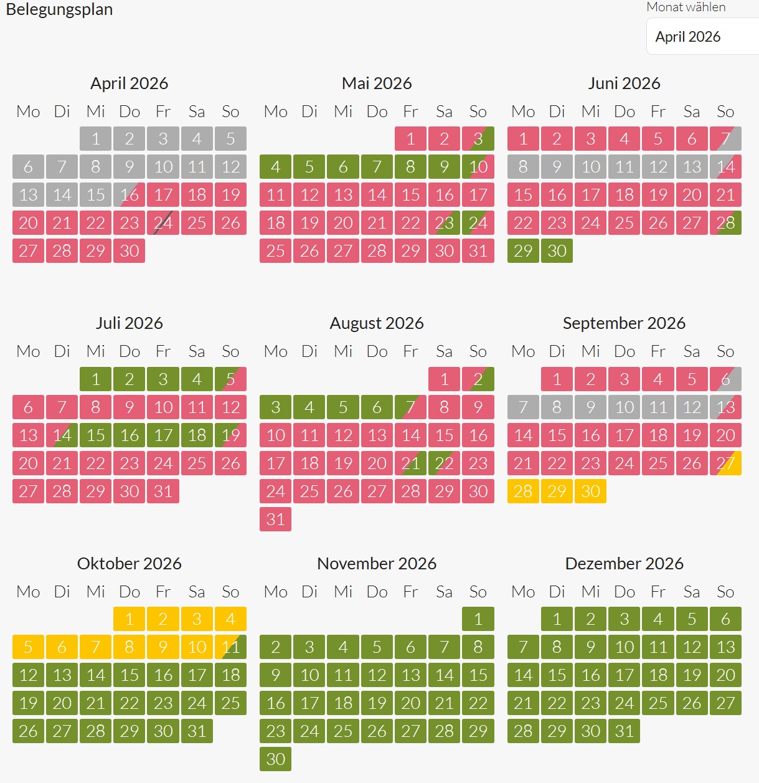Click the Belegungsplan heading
pos(59,9)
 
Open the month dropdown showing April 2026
pos(702,37)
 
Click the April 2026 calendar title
pos(129,83)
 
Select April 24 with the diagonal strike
pos(163,223)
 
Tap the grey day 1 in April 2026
pos(95,138)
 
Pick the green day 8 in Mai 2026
pos(410,166)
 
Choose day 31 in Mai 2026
pos(478,250)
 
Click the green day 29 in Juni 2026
pos(523,250)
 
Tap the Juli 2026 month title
pos(129,323)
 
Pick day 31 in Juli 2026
pos(163,491)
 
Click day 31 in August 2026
pos(275,519)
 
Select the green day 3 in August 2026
pos(275,407)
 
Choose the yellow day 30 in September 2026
pos(590,491)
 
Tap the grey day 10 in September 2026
pos(625,407)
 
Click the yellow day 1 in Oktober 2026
pos(129,619)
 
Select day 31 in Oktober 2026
pos(197,731)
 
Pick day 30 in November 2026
pos(275,759)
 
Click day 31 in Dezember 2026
pos(625,731)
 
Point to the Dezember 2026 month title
pos(624,563)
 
